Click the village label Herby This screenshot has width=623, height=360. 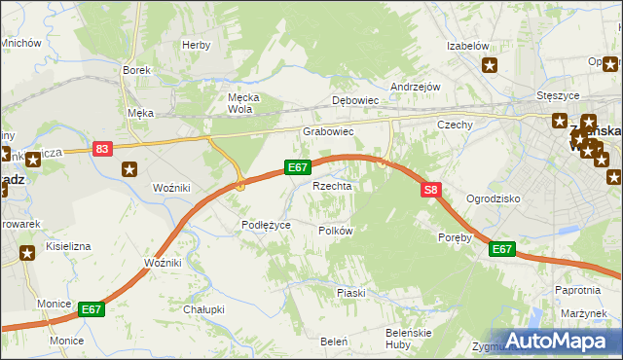tap(196, 45)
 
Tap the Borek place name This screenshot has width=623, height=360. tap(134, 70)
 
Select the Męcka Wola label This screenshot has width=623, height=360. tap(239, 103)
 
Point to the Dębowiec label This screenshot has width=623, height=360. tap(354, 100)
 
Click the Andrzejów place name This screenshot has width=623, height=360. tap(416, 87)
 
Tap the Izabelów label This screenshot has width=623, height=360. tap(466, 46)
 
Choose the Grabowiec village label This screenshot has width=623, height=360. tap(327, 130)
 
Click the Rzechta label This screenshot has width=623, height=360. tap(331, 185)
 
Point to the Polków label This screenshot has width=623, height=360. tap(335, 231)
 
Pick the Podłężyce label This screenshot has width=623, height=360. tap(266, 225)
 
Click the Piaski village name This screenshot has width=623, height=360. tap(350, 292)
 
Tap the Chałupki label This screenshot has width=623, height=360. tap(203, 309)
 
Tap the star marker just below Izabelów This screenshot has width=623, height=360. tap(490, 66)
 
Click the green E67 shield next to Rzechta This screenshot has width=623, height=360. tap(299, 167)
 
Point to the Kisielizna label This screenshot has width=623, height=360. tap(67, 246)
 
